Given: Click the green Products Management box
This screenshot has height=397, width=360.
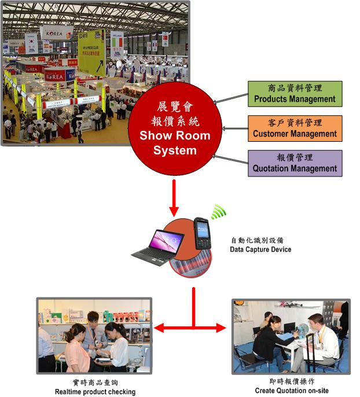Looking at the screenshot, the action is pos(295,94).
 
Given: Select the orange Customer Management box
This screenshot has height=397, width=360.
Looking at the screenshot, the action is pos(295,128).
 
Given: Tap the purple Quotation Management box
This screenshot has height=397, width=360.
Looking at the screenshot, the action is pos(295,163).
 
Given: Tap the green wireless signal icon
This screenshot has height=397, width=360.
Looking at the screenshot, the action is pos(218,212).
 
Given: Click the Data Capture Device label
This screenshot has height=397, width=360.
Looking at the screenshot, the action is pos(260,249).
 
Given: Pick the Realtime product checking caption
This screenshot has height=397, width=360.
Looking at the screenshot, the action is pos(95,392).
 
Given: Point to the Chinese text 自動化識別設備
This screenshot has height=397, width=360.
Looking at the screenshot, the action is pos(257,240).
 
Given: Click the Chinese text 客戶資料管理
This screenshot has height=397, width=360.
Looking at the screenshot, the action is pos(295,123).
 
